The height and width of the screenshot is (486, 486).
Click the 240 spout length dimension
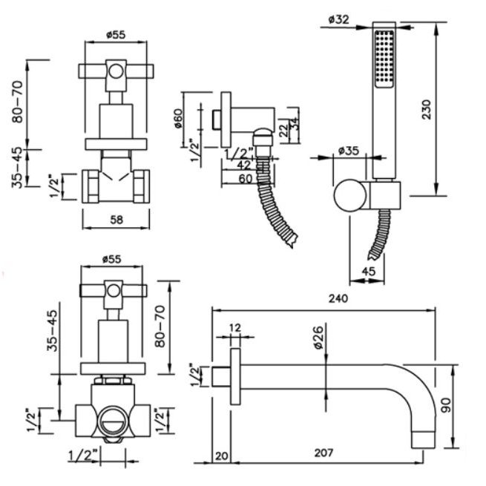tap(338, 299)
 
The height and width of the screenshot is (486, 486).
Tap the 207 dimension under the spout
tap(323, 453)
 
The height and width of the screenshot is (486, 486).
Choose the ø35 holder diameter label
tap(349, 151)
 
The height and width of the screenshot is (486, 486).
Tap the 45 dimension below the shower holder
tap(368, 271)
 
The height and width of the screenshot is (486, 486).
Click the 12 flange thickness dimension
tap(235, 327)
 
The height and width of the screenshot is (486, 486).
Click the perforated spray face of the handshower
tap(385, 60)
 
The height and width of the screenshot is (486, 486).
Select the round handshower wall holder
tap(349, 196)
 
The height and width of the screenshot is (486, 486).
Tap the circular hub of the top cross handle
tap(116, 72)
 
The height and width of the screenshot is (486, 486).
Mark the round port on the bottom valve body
tap(114, 419)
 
